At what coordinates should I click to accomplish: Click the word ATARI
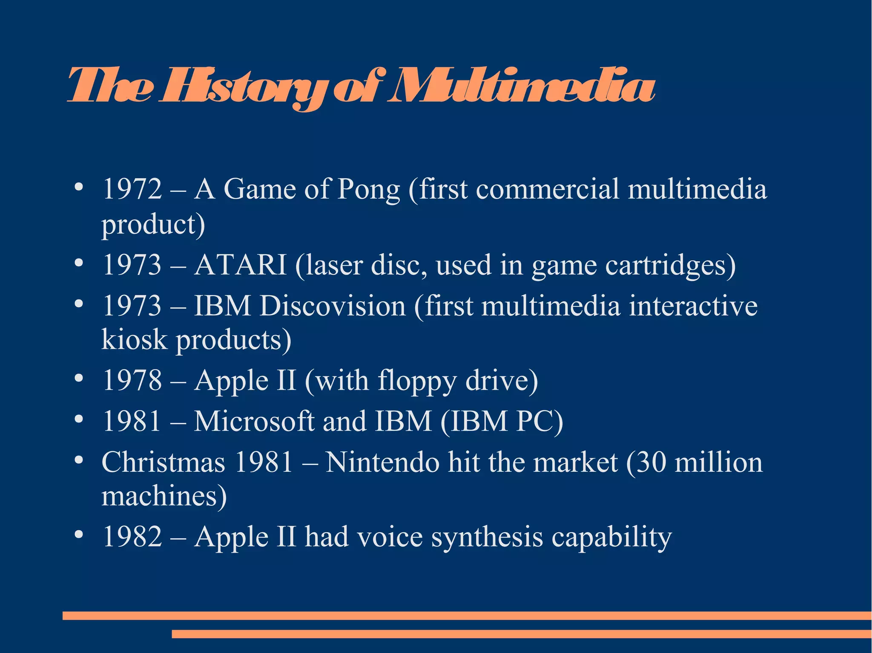point(240,265)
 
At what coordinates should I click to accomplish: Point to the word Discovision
point(333,306)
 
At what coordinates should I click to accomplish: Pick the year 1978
point(132,380)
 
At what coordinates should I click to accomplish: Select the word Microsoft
point(254,421)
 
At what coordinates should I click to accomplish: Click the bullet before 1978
point(78,377)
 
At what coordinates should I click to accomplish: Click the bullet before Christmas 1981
point(78,460)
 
